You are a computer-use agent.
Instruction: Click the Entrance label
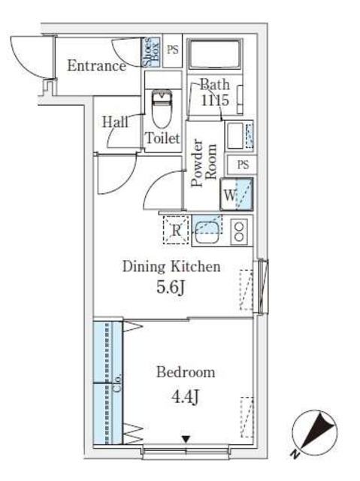(96, 65)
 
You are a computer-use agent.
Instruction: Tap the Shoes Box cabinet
(151, 52)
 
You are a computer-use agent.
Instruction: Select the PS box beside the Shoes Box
(172, 50)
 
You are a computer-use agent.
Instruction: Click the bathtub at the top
(215, 54)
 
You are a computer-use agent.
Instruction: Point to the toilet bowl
(162, 108)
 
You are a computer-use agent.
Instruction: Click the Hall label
(115, 122)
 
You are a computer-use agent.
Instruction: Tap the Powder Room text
(204, 163)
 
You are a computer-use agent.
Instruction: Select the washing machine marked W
(237, 194)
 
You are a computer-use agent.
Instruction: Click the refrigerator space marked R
(176, 230)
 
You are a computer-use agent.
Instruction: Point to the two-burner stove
(239, 231)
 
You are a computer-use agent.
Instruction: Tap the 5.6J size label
(171, 287)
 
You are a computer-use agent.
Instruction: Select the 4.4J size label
(185, 397)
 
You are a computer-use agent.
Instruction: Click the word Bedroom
(186, 372)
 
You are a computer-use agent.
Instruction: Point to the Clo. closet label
(117, 383)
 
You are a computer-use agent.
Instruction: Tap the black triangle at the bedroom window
(186, 439)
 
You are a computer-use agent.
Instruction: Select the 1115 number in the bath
(215, 100)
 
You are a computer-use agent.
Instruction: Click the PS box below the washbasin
(242, 165)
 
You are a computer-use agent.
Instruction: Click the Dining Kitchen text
(171, 266)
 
